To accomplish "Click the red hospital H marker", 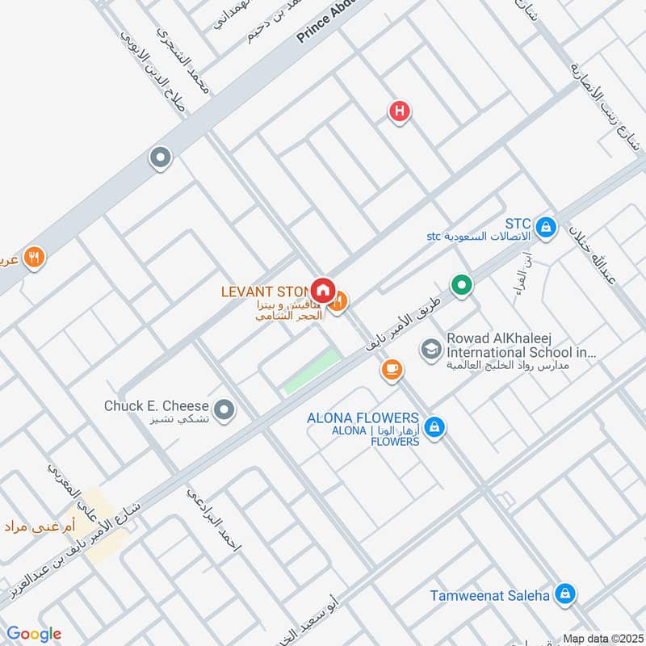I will point(399,111).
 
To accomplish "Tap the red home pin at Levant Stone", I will point(323,289).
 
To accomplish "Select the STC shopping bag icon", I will point(547,229).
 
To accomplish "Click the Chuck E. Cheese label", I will point(157,406).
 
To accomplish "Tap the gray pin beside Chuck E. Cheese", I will point(227,410).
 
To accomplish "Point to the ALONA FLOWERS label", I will point(363,418).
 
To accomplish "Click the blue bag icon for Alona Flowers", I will point(434,427).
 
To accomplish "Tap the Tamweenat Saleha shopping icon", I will point(566,594).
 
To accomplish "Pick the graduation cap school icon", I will point(430,349).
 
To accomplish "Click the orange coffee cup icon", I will point(392,369).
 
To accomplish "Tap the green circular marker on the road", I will point(462,285).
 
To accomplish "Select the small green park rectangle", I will point(312,372).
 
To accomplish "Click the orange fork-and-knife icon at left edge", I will point(33,258).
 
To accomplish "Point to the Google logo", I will point(34,634).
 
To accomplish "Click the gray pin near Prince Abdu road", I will point(161,158).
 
